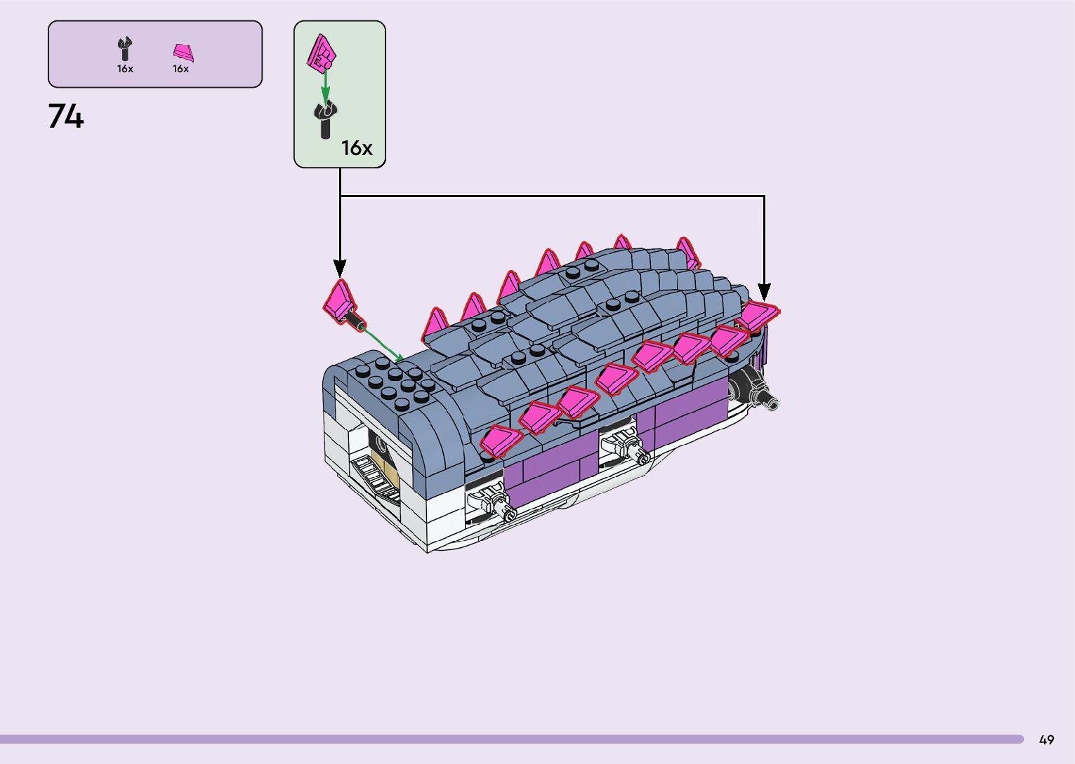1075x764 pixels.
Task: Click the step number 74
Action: pos(66,116)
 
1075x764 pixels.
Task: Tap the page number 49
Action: pos(1046,739)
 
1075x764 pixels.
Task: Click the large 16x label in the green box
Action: pos(357,148)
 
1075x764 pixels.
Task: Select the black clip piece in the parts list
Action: pos(125,50)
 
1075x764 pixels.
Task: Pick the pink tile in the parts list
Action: pos(183,53)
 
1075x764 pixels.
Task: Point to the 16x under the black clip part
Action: pos(125,69)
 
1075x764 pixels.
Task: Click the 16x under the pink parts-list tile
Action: pos(180,69)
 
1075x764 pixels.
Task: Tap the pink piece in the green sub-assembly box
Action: pos(323,53)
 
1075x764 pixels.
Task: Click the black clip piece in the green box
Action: pos(325,119)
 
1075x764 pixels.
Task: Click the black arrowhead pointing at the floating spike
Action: pos(340,267)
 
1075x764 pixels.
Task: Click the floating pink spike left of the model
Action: pos(340,300)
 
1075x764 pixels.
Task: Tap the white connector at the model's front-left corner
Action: pos(489,501)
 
